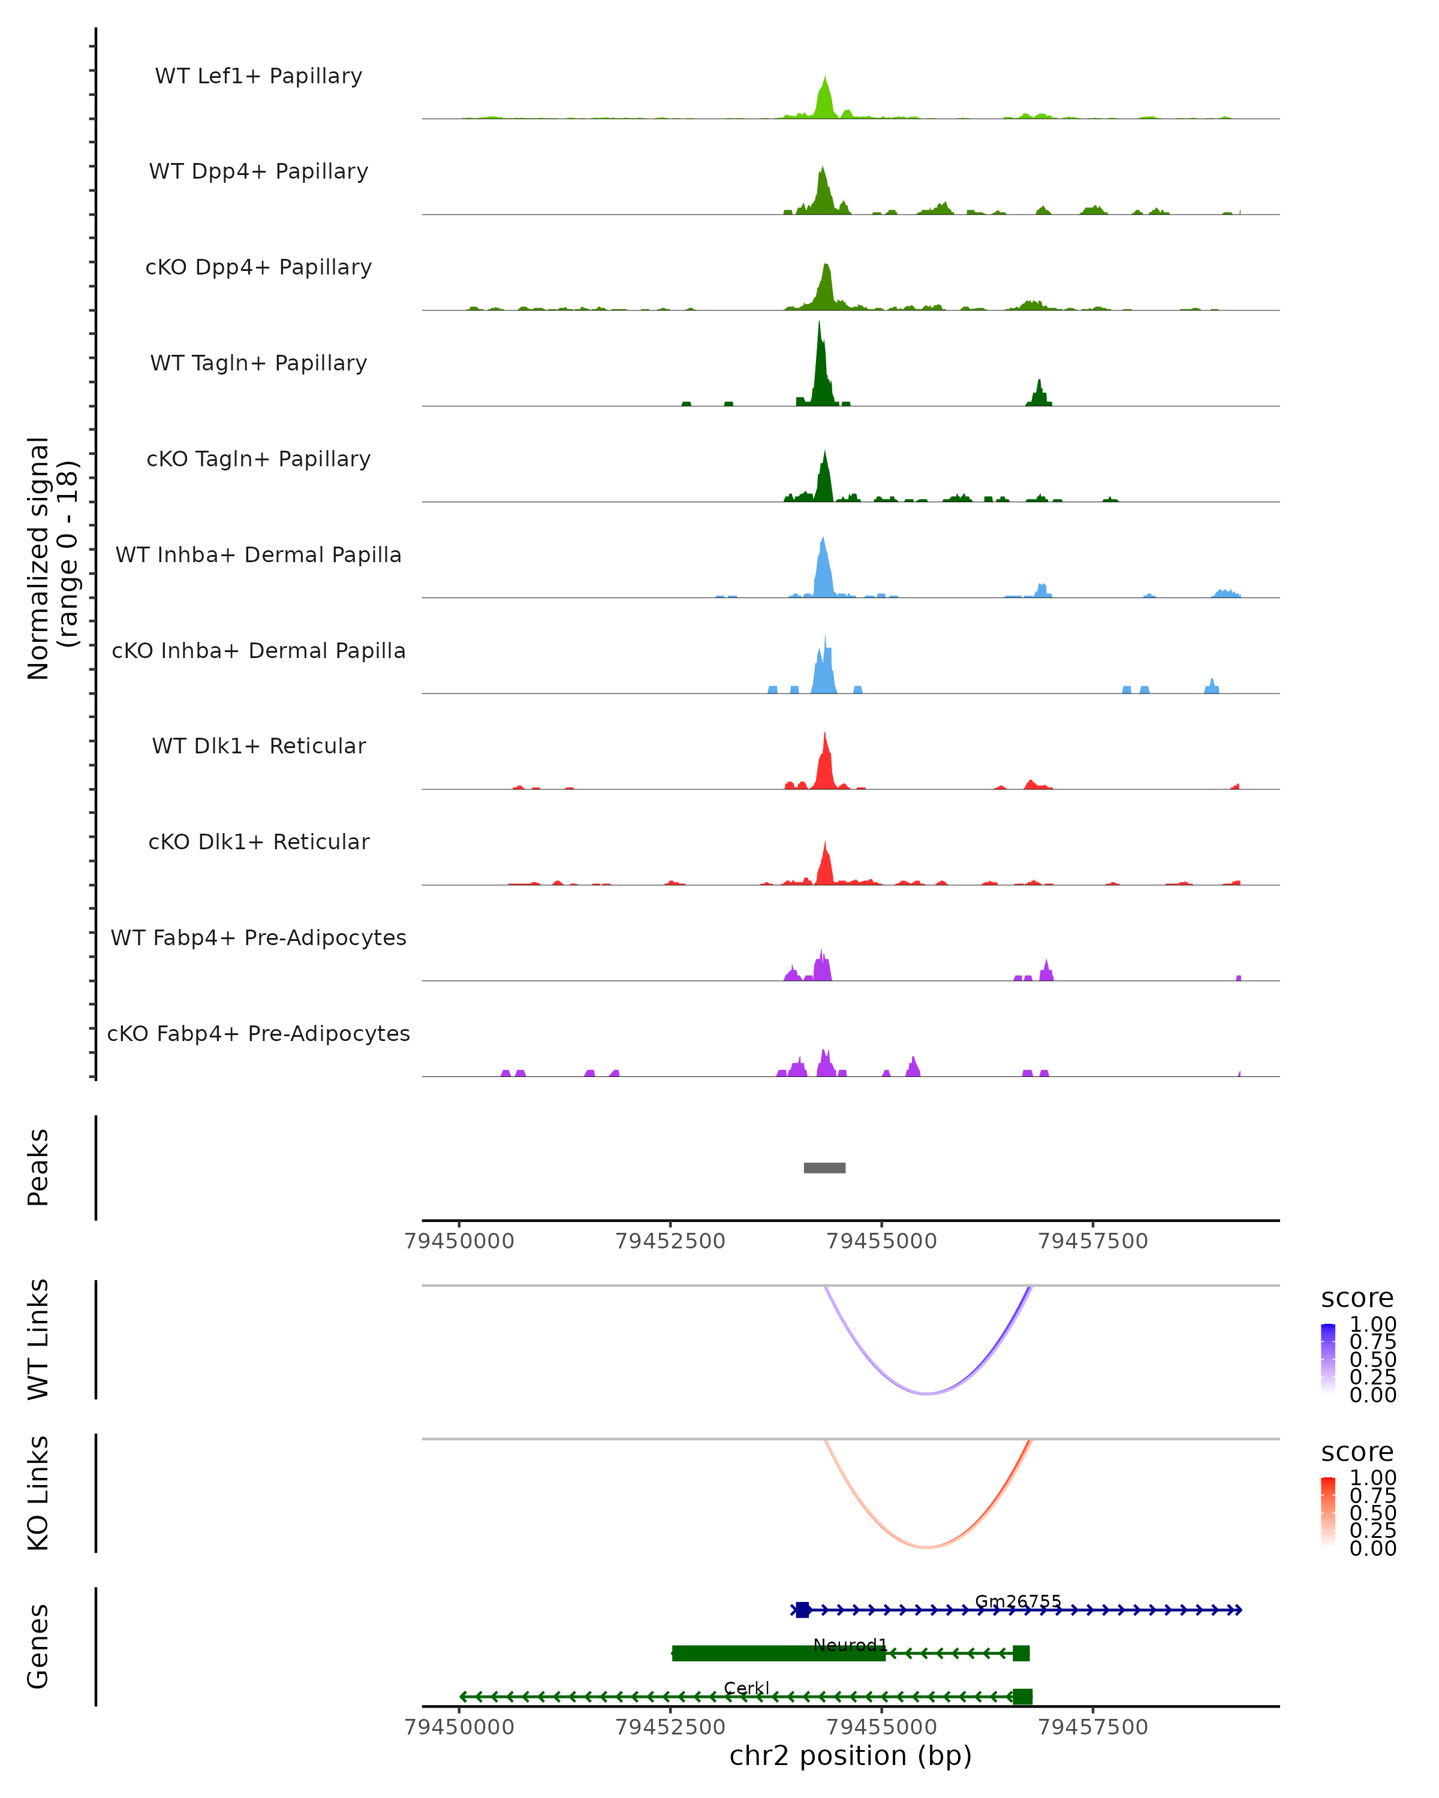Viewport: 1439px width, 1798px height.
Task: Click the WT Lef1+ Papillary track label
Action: click(x=258, y=76)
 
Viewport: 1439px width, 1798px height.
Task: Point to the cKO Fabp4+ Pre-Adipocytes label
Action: click(x=258, y=1033)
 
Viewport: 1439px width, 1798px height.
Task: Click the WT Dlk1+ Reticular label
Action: click(x=258, y=746)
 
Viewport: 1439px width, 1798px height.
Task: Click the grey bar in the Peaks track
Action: click(x=824, y=1168)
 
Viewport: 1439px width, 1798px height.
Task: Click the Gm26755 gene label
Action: click(x=1017, y=1601)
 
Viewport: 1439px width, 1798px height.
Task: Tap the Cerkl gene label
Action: click(x=746, y=1688)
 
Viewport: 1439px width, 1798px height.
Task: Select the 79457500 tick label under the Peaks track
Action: click(x=1093, y=1241)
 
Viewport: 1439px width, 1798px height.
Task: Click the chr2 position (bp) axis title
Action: click(x=850, y=1756)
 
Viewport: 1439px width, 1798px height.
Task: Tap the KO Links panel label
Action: click(x=38, y=1493)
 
